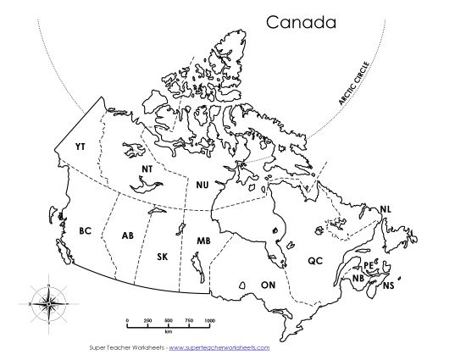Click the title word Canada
pos(302,21)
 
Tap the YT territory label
pos(80,147)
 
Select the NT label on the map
pos(147,169)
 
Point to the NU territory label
pos(202,184)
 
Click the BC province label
pos(85,230)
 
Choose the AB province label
pos(128,235)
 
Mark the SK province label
pos(163,256)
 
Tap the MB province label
pos(204,241)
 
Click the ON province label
pos(269,285)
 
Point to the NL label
pos(386,208)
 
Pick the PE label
pos(369,265)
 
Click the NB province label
pos(358,278)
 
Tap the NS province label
pos(388,286)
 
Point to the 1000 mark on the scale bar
pos(209,320)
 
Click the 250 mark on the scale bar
pos(147,320)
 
